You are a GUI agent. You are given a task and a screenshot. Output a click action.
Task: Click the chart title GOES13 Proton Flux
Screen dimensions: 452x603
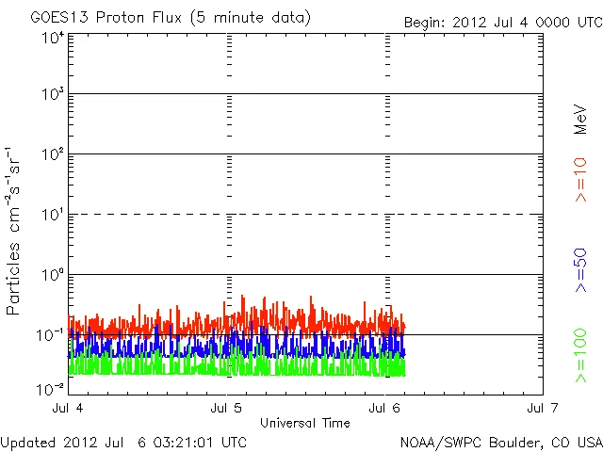pos(170,18)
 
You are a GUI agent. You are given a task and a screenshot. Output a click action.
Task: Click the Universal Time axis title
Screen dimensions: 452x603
pos(305,423)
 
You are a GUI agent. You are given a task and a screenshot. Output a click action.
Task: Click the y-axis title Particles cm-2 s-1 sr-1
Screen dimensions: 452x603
pos(14,230)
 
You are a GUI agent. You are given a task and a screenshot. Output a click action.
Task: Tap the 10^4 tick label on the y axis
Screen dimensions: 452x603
pos(52,39)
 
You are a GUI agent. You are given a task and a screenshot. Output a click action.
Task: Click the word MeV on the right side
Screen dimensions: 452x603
pos(580,119)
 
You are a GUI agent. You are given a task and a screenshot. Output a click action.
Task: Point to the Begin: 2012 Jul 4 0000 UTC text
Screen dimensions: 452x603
pos(502,22)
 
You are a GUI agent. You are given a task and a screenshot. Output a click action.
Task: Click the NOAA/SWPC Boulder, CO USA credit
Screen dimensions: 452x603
pos(500,442)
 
